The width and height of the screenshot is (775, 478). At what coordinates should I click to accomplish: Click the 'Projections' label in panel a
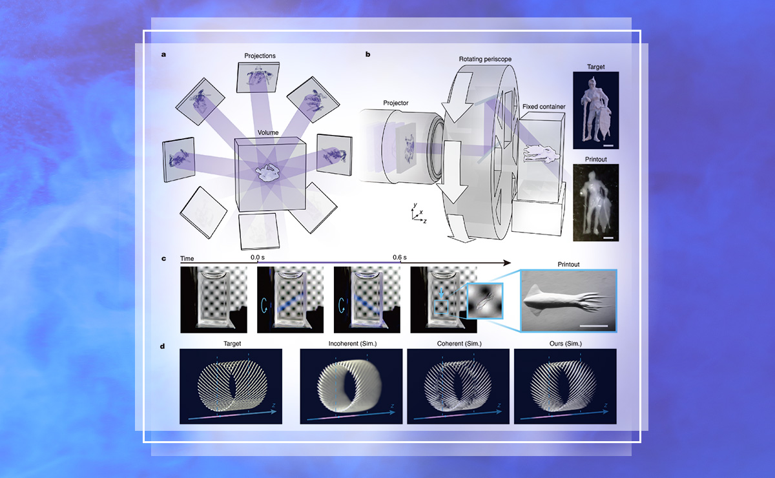(x=260, y=56)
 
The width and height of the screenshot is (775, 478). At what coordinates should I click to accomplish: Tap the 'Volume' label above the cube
(x=268, y=132)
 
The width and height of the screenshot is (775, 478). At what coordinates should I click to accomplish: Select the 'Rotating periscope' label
(x=485, y=59)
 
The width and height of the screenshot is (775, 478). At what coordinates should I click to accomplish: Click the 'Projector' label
(x=396, y=103)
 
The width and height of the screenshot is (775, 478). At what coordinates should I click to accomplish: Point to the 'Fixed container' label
(x=544, y=107)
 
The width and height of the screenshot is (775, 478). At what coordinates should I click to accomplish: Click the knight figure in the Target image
(x=594, y=110)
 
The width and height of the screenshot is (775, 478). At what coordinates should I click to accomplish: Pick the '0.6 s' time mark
(x=400, y=258)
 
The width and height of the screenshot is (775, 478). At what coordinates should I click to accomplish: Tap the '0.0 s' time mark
(x=258, y=258)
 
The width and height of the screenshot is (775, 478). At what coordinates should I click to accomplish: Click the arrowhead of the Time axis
(x=507, y=263)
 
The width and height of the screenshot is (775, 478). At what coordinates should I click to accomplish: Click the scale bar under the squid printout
(x=594, y=326)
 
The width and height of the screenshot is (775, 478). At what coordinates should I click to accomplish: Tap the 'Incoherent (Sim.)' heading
(x=353, y=344)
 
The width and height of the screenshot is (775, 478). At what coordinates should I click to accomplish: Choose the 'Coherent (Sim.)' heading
(x=459, y=344)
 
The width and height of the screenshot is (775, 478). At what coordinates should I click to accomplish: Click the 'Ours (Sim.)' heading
(x=566, y=344)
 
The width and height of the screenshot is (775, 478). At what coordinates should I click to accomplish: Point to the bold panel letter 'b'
(x=367, y=54)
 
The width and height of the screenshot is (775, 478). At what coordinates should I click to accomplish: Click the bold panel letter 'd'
(x=162, y=346)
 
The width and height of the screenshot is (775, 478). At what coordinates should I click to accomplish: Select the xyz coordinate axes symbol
(x=418, y=214)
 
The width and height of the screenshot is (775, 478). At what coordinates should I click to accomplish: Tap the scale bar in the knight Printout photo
(x=608, y=238)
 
